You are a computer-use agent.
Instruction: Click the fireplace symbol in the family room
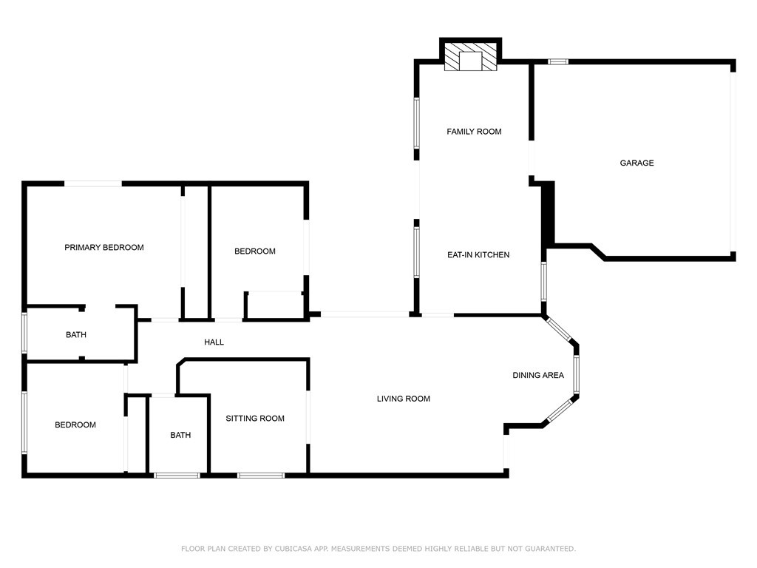(471, 59)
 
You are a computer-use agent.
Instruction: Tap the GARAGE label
(637, 163)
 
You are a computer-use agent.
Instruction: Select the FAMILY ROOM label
(474, 132)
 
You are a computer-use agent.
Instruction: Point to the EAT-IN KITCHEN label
(478, 255)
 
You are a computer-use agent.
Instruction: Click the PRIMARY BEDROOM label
(104, 248)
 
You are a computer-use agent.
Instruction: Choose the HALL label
(214, 342)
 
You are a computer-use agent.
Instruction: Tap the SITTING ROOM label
(255, 419)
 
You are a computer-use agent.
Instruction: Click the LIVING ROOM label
(404, 399)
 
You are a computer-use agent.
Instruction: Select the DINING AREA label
(538, 376)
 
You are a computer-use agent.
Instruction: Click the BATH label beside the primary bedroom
(76, 335)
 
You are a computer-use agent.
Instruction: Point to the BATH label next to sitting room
(180, 436)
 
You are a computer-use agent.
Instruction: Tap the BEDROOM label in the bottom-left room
(75, 425)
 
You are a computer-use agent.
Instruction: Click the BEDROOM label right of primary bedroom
(255, 251)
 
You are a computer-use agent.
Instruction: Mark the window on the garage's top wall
(558, 61)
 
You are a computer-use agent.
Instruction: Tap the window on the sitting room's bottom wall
(261, 475)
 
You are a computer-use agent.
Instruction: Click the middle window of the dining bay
(577, 375)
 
